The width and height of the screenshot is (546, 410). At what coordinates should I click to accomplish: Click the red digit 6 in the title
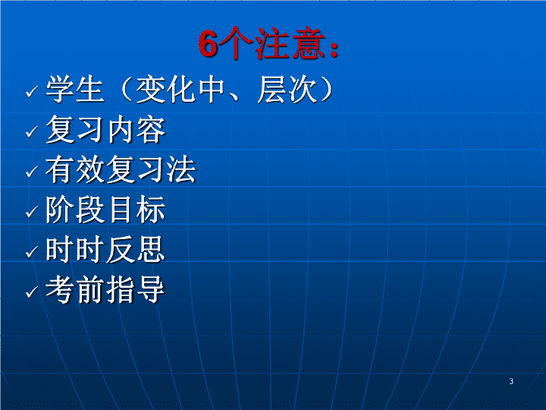(x=209, y=43)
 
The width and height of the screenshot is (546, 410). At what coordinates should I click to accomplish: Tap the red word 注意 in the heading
(x=290, y=43)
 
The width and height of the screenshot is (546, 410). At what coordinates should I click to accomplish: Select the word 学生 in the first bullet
(x=75, y=90)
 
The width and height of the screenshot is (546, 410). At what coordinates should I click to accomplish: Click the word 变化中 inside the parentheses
(x=180, y=90)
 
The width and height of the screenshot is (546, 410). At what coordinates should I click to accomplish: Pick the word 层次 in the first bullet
(x=287, y=90)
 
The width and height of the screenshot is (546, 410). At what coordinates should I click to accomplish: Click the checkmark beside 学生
(x=32, y=92)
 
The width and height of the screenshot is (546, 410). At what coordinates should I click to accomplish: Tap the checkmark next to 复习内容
(x=32, y=132)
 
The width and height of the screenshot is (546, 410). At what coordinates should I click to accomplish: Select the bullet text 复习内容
(x=105, y=130)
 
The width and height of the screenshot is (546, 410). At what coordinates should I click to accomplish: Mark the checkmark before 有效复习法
(x=32, y=172)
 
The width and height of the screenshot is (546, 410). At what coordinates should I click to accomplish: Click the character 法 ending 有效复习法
(x=181, y=169)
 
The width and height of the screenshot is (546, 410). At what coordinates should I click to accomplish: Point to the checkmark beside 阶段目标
(x=32, y=212)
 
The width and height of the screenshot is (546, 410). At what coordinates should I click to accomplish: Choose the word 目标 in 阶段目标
(x=136, y=210)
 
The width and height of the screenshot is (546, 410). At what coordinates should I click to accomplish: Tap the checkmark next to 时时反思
(x=32, y=252)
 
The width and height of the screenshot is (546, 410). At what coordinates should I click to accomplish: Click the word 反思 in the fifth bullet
(x=136, y=250)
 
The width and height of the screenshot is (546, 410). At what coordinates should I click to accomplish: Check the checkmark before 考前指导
(x=32, y=292)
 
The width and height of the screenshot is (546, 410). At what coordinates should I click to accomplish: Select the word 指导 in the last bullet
(x=136, y=289)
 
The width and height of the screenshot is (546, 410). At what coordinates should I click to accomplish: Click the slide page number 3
(x=511, y=381)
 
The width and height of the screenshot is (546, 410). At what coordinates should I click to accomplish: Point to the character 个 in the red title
(x=236, y=43)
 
